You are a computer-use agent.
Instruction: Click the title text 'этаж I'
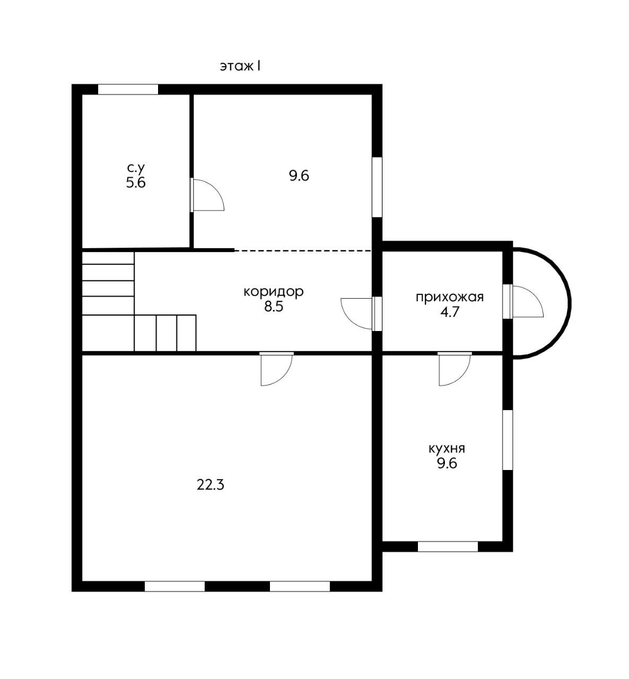point(240,66)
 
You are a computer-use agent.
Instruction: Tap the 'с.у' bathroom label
point(136,168)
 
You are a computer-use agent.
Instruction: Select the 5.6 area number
point(136,183)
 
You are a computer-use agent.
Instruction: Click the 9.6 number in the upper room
point(299,176)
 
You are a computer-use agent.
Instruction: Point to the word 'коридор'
point(274,292)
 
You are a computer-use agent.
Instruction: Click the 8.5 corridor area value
point(274,307)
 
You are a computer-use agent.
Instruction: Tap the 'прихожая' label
point(450,297)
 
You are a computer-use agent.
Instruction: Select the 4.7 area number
point(450,312)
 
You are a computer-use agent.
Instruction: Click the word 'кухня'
point(447,449)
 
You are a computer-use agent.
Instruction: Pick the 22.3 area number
point(210,485)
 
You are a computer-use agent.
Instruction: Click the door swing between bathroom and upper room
point(207,195)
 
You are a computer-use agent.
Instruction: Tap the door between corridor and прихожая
point(361,314)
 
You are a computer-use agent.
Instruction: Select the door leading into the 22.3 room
point(276,369)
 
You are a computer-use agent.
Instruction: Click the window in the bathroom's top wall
point(128,89)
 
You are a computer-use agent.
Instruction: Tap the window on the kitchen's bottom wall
point(448,546)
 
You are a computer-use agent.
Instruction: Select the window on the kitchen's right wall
point(508,440)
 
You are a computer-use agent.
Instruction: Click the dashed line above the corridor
point(303,250)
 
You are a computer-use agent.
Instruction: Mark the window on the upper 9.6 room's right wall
point(377,187)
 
